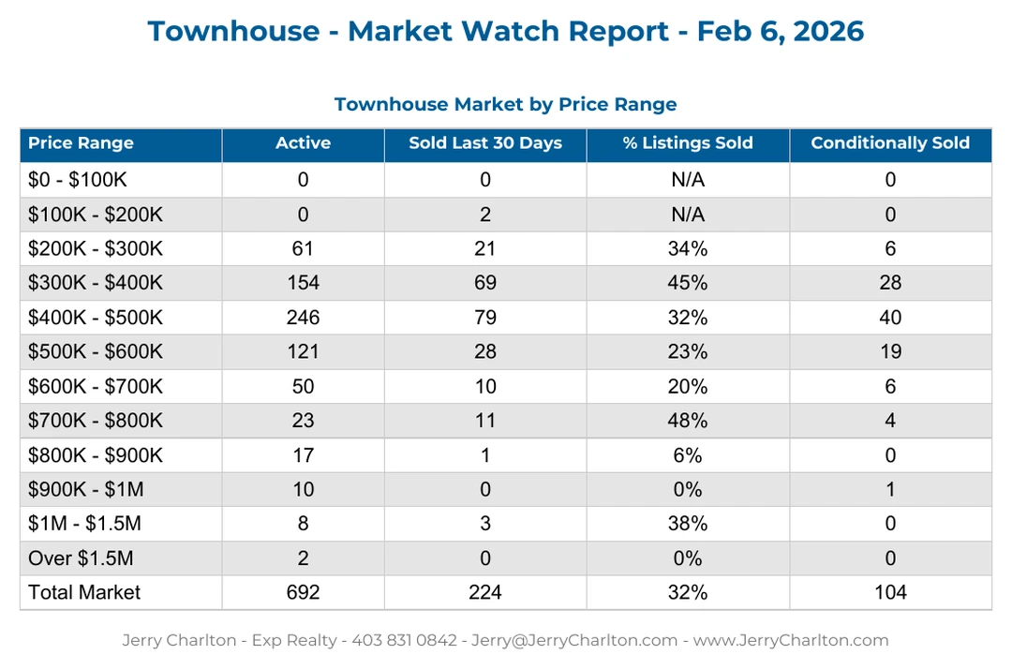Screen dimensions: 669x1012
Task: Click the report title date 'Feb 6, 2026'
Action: coord(781,31)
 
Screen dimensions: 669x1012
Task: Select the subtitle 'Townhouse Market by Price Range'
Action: coord(505,104)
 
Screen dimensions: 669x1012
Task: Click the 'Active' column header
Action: coord(303,143)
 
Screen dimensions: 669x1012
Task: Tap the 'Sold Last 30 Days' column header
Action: coord(485,143)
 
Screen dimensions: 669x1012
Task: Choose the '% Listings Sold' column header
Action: coord(688,143)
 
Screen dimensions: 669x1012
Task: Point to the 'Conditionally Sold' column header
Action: coord(889,143)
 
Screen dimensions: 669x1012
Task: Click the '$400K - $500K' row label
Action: coord(95,318)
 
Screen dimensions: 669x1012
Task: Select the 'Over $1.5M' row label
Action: coord(81,558)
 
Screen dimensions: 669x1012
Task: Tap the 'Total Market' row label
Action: coord(84,592)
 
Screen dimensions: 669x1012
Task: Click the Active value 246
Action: coord(303,318)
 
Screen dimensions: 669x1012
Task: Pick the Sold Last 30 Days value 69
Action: coord(485,283)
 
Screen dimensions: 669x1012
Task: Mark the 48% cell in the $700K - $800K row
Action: coord(688,421)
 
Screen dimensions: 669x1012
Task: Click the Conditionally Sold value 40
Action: coord(890,318)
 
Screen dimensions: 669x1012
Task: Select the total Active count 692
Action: coord(303,592)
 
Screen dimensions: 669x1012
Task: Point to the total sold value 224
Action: coord(485,592)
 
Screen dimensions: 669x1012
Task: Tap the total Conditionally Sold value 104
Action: coord(890,592)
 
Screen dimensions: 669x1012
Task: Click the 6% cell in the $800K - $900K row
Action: coord(688,455)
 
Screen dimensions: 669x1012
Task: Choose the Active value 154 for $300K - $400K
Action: coord(303,283)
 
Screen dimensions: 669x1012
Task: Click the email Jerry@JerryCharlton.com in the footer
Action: coord(574,641)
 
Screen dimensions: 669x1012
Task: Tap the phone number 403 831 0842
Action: coord(404,641)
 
